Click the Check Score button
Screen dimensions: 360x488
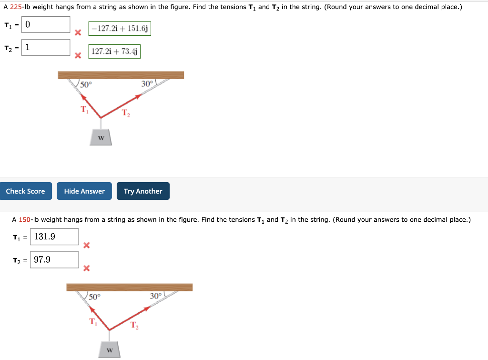[25, 191]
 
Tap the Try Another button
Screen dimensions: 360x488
[143, 191]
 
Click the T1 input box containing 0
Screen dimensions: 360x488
[46, 24]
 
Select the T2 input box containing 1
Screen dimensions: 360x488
[46, 47]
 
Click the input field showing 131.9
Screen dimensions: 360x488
[54, 237]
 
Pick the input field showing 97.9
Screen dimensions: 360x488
[54, 259]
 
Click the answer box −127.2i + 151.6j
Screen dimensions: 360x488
[120, 29]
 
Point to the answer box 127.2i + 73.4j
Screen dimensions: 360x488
[114, 51]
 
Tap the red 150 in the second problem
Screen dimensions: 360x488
[25, 219]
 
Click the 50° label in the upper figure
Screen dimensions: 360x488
[86, 85]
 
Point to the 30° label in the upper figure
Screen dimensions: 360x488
[147, 84]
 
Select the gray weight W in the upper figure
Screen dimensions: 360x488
[101, 137]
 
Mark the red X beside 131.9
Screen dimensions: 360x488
[86, 246]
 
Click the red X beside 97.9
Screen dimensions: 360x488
[86, 268]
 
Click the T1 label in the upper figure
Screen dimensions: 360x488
[84, 110]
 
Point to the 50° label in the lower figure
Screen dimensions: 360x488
[95, 297]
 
